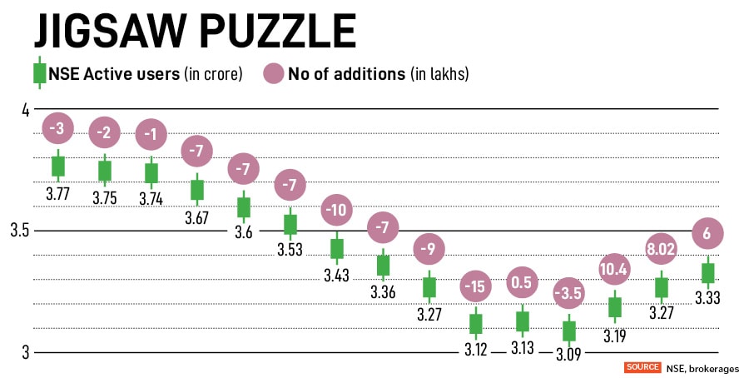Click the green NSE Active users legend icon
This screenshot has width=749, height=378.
pos(39,73)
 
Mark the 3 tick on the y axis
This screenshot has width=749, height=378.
pos(25,351)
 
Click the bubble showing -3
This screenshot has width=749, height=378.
pos(58,128)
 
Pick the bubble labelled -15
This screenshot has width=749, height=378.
pos(476,287)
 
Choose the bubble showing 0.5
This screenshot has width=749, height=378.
pos(523,283)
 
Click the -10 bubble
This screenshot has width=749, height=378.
pos(337,211)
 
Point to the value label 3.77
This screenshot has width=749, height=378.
pos(58,194)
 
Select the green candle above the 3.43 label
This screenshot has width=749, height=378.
pos(337,248)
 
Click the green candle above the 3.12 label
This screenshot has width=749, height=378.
pos(476,324)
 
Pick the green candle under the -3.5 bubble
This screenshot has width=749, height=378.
pos(569,331)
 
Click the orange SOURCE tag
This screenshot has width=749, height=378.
pos(642,367)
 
